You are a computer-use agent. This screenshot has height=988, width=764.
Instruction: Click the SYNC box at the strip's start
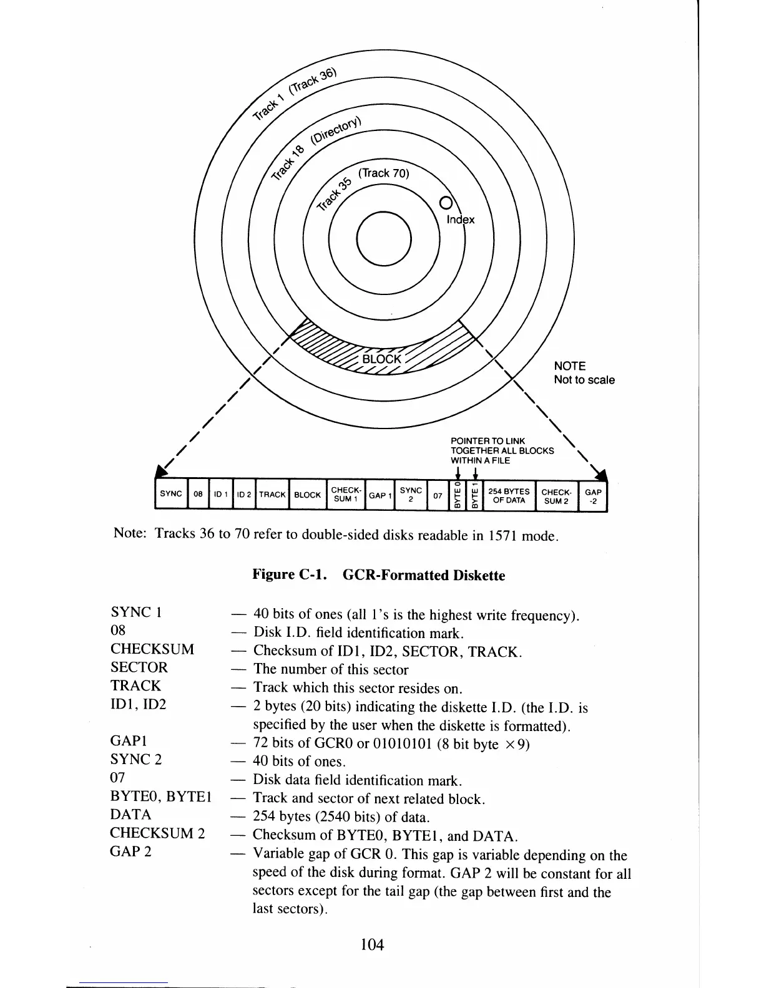(x=170, y=494)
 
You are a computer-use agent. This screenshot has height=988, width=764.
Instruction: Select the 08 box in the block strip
(x=198, y=495)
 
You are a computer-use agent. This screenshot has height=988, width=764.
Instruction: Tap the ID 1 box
(x=220, y=495)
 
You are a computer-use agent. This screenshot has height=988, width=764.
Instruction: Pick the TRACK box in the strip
(x=272, y=495)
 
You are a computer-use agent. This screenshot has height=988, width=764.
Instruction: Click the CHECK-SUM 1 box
(x=345, y=495)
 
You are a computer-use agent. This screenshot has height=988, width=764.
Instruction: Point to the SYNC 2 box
(x=411, y=495)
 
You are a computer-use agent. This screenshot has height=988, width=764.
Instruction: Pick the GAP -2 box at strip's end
(x=593, y=496)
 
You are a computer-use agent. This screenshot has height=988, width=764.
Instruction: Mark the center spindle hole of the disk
(x=383, y=240)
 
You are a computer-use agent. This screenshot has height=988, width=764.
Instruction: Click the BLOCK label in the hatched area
(x=382, y=359)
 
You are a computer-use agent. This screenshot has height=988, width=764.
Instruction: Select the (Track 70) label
(x=384, y=173)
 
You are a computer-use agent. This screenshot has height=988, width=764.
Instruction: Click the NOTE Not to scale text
(x=584, y=373)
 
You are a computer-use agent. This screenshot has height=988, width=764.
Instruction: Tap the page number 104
(x=372, y=944)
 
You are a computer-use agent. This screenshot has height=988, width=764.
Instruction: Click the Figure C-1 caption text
(x=378, y=574)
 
